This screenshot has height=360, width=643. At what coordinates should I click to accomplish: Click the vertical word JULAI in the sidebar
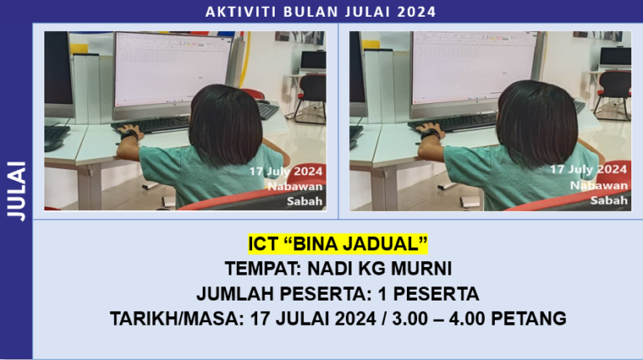coord(16,191)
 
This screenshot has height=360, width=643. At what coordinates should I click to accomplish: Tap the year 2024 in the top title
coord(417,12)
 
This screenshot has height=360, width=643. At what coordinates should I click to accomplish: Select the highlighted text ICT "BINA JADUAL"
coord(338,244)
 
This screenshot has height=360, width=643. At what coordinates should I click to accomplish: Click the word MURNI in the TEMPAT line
coord(420,269)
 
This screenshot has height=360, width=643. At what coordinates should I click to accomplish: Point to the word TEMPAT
coord(260,269)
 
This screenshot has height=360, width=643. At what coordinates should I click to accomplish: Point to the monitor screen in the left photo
coord(171,70)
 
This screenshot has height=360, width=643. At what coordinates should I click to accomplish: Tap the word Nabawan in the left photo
coord(295,186)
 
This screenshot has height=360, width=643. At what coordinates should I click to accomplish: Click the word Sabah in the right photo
coord(609,200)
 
